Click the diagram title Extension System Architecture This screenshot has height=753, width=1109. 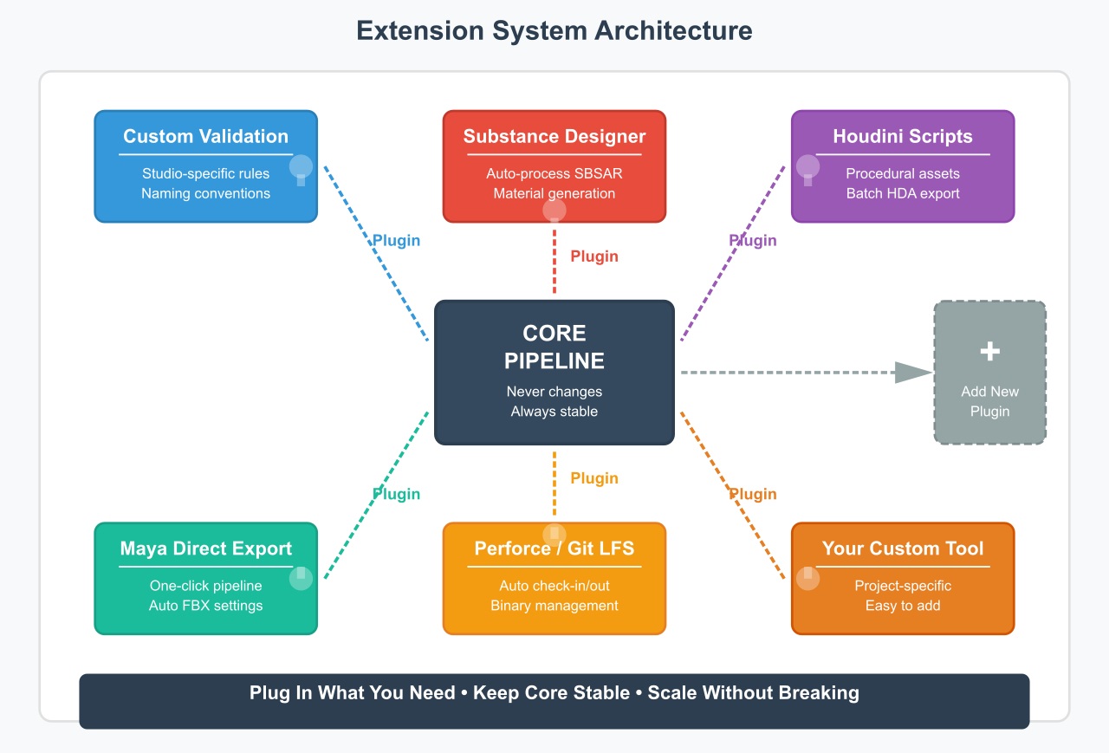click(x=554, y=30)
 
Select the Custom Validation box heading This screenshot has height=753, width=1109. click(x=205, y=136)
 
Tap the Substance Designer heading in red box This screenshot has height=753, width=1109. click(x=554, y=136)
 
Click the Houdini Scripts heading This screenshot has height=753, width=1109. click(x=903, y=136)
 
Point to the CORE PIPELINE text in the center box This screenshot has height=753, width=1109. click(x=554, y=347)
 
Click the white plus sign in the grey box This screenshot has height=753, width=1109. click(x=989, y=351)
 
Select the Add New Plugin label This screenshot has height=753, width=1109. click(x=989, y=401)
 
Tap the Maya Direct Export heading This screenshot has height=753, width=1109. click(x=205, y=549)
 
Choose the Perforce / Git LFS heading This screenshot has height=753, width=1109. click(x=554, y=549)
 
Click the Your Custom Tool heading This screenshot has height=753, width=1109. click(x=903, y=549)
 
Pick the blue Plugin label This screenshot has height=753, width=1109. click(x=396, y=241)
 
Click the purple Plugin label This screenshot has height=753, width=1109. click(x=752, y=241)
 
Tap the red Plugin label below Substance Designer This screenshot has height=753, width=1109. click(x=594, y=256)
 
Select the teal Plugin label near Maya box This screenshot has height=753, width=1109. click(x=396, y=494)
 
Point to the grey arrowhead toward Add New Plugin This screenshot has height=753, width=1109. click(x=911, y=373)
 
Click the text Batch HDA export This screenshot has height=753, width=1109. click(x=903, y=193)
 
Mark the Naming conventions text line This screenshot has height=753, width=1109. click(x=205, y=193)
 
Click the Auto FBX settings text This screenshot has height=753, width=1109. click(x=205, y=606)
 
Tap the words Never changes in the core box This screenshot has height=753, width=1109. click(x=554, y=392)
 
